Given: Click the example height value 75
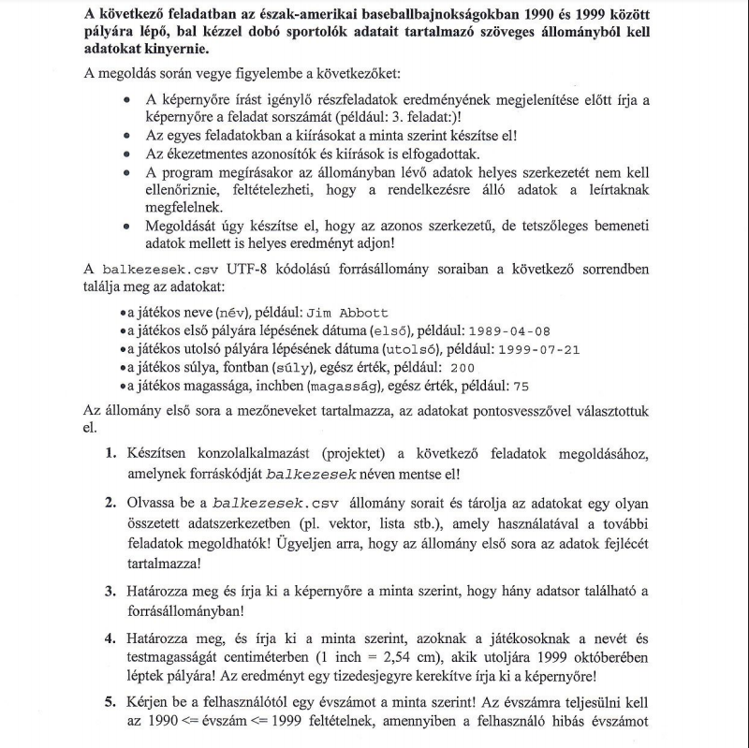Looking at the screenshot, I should (x=521, y=386).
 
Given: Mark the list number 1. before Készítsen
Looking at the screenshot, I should (x=110, y=454).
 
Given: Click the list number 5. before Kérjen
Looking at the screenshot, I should (x=110, y=700).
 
